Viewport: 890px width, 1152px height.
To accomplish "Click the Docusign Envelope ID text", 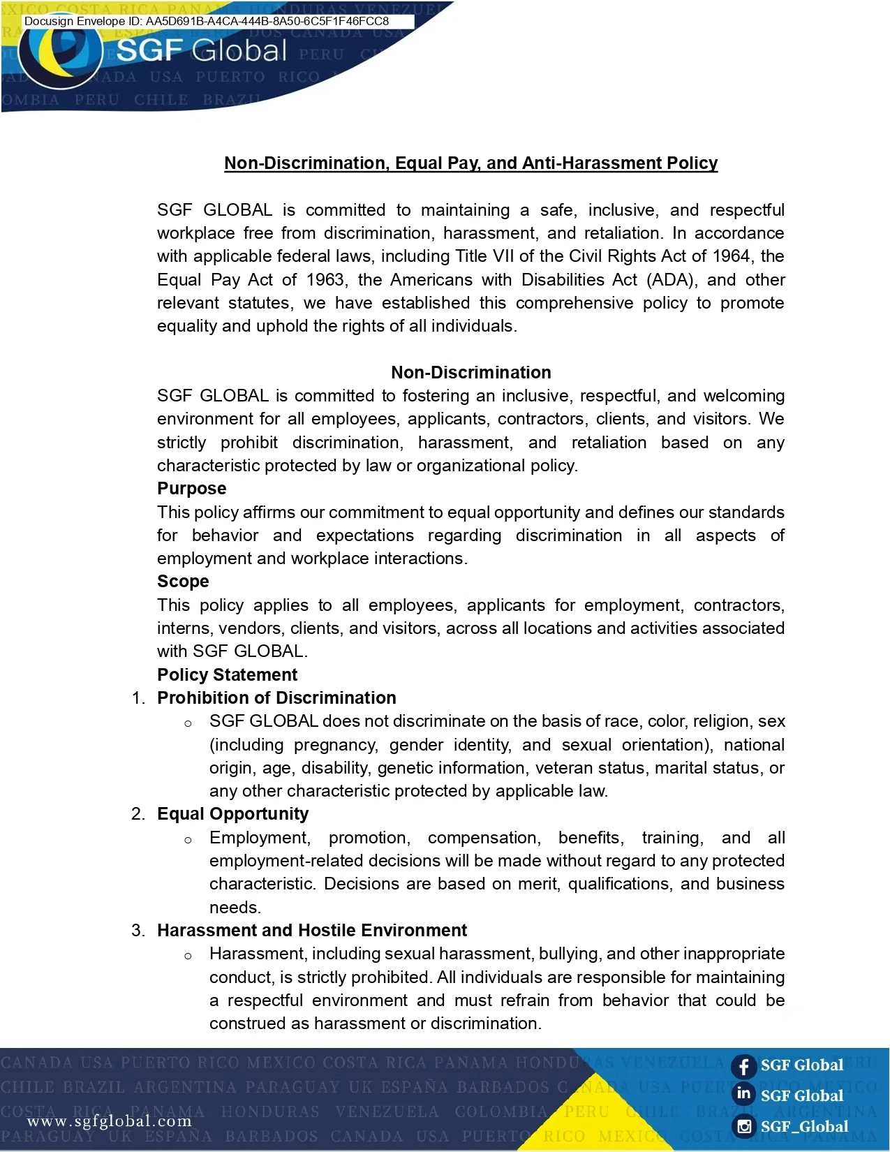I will coord(207,21).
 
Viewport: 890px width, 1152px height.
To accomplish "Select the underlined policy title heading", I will coord(470,163).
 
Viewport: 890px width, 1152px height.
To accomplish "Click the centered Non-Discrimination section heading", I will coord(470,372).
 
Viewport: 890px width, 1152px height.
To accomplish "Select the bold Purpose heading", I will coord(191,489).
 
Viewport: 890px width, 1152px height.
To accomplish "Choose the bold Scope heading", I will coord(183,582).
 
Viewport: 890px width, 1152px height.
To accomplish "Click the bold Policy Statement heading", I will coord(227,675).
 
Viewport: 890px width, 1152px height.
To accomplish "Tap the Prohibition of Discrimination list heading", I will coord(276,698).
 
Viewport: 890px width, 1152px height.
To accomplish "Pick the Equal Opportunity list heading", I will coord(232,814).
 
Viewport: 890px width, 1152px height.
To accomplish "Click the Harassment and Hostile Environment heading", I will coord(311,931).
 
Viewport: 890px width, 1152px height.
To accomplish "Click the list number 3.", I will coord(138,931).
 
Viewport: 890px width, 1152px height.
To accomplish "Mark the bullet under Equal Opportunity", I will coord(188,839).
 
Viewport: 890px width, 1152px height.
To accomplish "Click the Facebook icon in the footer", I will coord(743,1066).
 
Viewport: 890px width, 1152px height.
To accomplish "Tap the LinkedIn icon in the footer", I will coord(743,1094).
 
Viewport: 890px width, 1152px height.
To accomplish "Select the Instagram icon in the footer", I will coord(744,1126).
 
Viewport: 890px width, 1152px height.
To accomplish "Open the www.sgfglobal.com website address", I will coord(109,1121).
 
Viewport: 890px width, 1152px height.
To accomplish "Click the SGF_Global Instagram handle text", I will coord(804,1126).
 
